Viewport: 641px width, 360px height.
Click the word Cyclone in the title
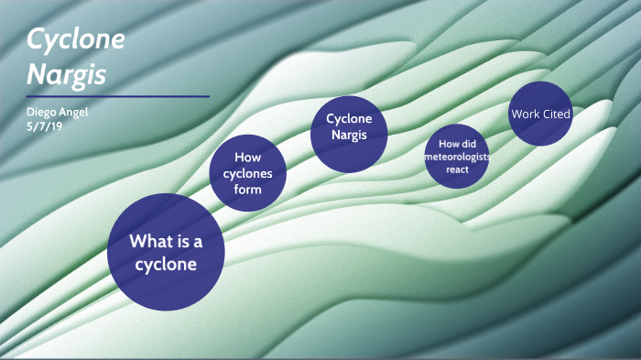[76, 39]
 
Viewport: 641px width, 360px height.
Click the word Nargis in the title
[65, 72]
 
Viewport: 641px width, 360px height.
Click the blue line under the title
[118, 95]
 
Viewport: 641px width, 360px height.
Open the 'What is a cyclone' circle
[166, 252]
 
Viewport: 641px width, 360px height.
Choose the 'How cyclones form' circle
[248, 173]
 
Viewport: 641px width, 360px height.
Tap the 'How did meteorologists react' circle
[457, 157]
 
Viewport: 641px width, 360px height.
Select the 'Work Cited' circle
[540, 115]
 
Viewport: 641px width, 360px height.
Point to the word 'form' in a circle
[247, 190]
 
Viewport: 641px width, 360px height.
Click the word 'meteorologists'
[457, 157]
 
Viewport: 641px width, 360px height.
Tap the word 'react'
[457, 169]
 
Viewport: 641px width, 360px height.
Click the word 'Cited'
[556, 115]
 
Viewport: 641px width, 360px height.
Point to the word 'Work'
[526, 115]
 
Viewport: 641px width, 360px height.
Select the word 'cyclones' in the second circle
[248, 173]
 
